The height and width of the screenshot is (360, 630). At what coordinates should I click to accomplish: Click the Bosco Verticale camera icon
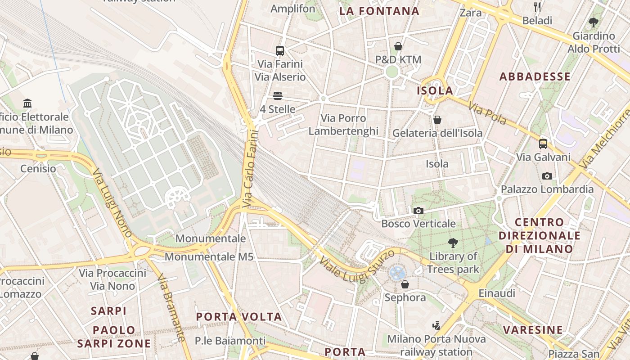pyautogui.click(x=418, y=211)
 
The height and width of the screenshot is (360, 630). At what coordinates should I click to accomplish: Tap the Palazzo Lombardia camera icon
pyautogui.click(x=547, y=176)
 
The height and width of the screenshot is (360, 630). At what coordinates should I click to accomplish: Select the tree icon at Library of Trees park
pyautogui.click(x=453, y=243)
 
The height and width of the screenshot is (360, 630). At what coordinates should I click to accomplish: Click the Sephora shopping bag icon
pyautogui.click(x=405, y=284)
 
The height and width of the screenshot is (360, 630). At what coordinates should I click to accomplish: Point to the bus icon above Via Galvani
pyautogui.click(x=543, y=144)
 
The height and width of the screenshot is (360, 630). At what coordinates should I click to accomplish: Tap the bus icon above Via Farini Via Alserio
pyautogui.click(x=280, y=51)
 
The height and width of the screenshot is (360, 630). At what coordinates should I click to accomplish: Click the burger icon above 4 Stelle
pyautogui.click(x=278, y=96)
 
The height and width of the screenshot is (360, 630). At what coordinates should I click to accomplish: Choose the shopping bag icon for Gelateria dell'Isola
pyautogui.click(x=437, y=120)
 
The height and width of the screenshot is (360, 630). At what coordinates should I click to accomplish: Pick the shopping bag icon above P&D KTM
pyautogui.click(x=398, y=46)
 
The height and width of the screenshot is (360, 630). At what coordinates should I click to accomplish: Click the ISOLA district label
pyautogui.click(x=435, y=90)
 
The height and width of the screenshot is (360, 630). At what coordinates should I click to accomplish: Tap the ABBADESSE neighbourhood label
pyautogui.click(x=535, y=76)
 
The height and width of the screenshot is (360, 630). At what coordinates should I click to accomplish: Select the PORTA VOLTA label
pyautogui.click(x=239, y=317)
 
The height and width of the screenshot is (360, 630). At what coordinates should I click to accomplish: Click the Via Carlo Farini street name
pyautogui.click(x=251, y=169)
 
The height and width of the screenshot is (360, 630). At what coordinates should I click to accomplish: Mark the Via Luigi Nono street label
pyautogui.click(x=112, y=203)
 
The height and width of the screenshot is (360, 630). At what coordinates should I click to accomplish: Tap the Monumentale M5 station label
pyautogui.click(x=209, y=257)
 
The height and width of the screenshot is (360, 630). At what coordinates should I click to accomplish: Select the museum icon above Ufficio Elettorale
pyautogui.click(x=27, y=103)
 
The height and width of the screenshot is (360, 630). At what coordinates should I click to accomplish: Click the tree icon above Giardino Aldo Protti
pyautogui.click(x=594, y=22)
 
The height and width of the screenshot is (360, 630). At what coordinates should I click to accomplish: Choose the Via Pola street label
pyautogui.click(x=487, y=114)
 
